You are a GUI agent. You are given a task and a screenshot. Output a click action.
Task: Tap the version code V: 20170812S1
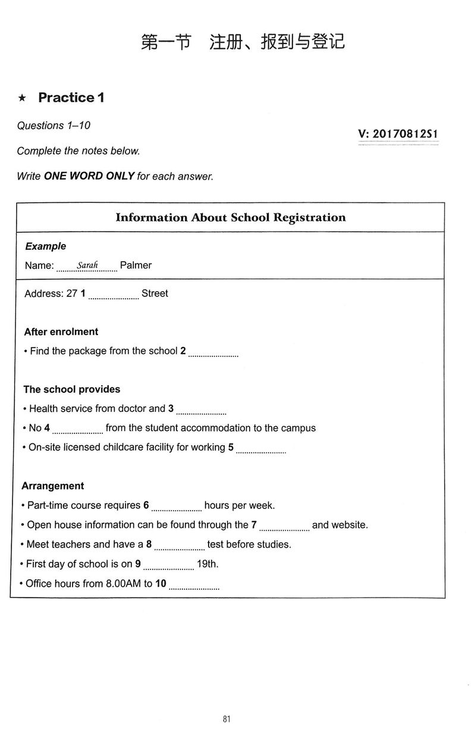pos(398,134)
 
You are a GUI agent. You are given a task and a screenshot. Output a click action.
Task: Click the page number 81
pos(227,719)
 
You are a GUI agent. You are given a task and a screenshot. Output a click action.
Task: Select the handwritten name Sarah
pos(87,265)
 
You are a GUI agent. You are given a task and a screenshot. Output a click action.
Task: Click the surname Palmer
pos(136,265)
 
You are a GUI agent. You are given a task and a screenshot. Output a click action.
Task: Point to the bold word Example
pos(46,246)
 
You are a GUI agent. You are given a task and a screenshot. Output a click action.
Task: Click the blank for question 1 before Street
pos(114,296)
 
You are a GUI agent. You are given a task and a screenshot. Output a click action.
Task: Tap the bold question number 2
pos(183,351)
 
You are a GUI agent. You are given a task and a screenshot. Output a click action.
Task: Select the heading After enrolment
pos(61,331)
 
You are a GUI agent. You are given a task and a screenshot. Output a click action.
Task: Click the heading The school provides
pos(72,389)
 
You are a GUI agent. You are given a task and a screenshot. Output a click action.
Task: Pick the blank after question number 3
pos(202,411)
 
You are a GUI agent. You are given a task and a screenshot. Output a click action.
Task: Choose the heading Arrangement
pos(53,486)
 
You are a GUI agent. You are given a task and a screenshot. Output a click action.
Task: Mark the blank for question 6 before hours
pos(177,508)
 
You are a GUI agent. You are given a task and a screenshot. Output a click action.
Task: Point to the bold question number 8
pos(149,545)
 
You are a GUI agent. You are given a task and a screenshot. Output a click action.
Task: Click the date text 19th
pos(207,564)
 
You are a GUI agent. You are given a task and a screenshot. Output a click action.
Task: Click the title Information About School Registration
pos(230,217)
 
